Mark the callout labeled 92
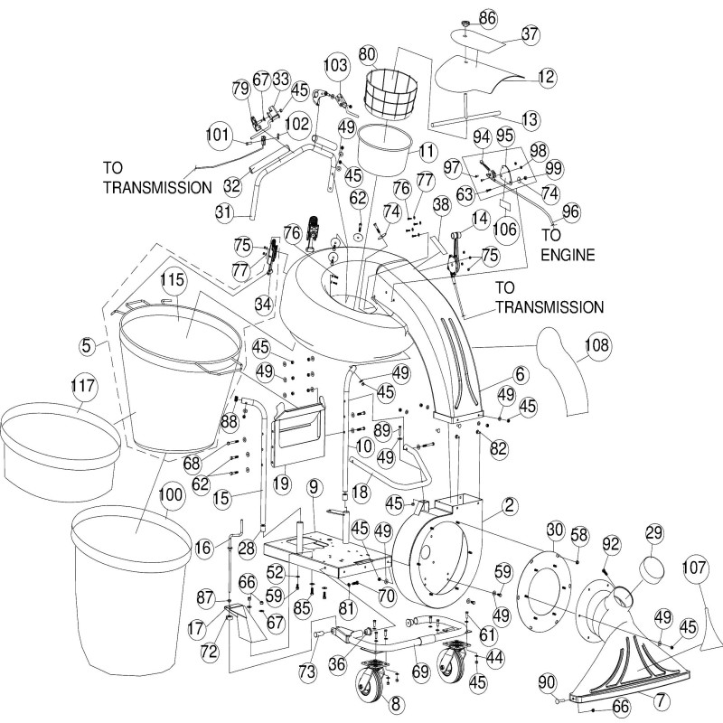pos(611,544)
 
